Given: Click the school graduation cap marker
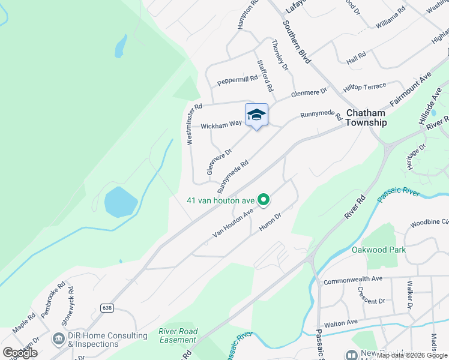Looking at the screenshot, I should (x=256, y=115).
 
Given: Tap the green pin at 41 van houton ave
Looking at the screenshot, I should (x=263, y=199).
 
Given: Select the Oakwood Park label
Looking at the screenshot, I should (x=379, y=250).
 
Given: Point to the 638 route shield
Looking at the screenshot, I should (x=107, y=308).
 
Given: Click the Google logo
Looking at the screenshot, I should (x=20, y=353).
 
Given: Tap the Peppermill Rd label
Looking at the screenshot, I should (x=237, y=80).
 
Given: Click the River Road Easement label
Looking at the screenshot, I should (x=178, y=335).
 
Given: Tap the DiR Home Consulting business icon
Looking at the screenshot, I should (x=59, y=340).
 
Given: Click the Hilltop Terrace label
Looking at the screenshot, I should (x=364, y=87).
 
